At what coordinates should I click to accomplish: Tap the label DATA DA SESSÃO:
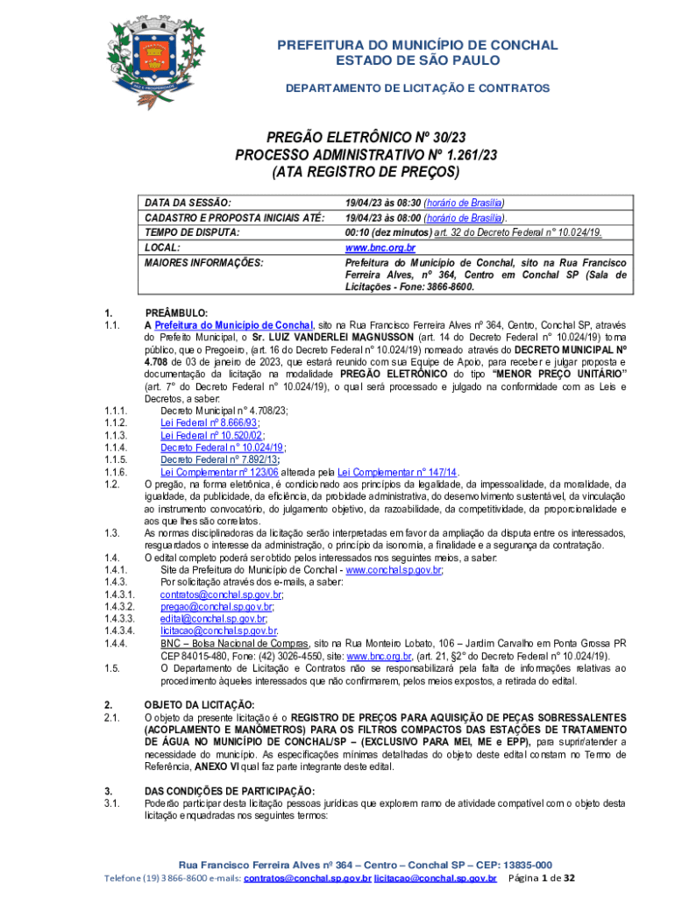tap(188, 202)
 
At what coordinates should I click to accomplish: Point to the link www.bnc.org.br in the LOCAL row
tap(380, 248)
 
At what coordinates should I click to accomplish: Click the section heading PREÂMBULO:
tap(175, 313)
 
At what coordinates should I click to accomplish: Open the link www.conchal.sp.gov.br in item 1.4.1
tap(394, 569)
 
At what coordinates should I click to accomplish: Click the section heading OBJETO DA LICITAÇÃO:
tap(199, 704)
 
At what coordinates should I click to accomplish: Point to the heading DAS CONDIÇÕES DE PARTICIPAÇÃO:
tap(229, 791)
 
